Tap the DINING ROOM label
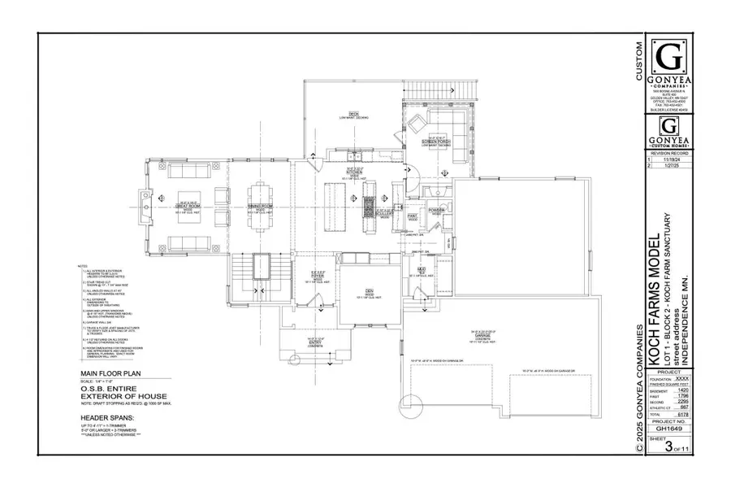[x=261, y=208]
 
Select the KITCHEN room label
[x=353, y=172]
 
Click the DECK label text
[x=353, y=115]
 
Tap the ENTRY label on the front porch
[x=294, y=340]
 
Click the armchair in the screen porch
[x=415, y=124]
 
